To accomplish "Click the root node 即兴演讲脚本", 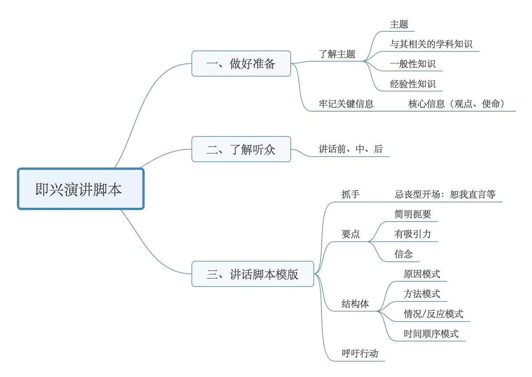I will pyautogui.click(x=80, y=189).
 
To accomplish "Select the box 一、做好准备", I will pyautogui.click(x=241, y=63).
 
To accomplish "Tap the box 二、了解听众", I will pyautogui.click(x=241, y=149).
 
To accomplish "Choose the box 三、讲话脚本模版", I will pyautogui.click(x=253, y=274).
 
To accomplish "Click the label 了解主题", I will pyautogui.click(x=337, y=54).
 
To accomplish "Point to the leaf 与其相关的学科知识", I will pyautogui.click(x=431, y=44).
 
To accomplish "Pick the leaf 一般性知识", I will pyautogui.click(x=412, y=64).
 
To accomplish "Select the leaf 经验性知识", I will pyautogui.click(x=412, y=84).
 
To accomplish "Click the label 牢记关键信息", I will pyautogui.click(x=346, y=104).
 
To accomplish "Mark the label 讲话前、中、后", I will pyautogui.click(x=350, y=149).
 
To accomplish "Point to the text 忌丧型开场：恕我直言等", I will pyautogui.click(x=445, y=194).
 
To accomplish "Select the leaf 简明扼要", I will pyautogui.click(x=412, y=214).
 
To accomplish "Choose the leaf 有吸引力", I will pyautogui.click(x=412, y=234).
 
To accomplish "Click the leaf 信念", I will pyautogui.click(x=403, y=254).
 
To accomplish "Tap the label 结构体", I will pyautogui.click(x=355, y=304).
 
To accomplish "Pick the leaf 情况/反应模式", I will pyautogui.click(x=433, y=314).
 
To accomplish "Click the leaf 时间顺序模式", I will pyautogui.click(x=431, y=334).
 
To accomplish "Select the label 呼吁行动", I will pyautogui.click(x=360, y=354).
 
